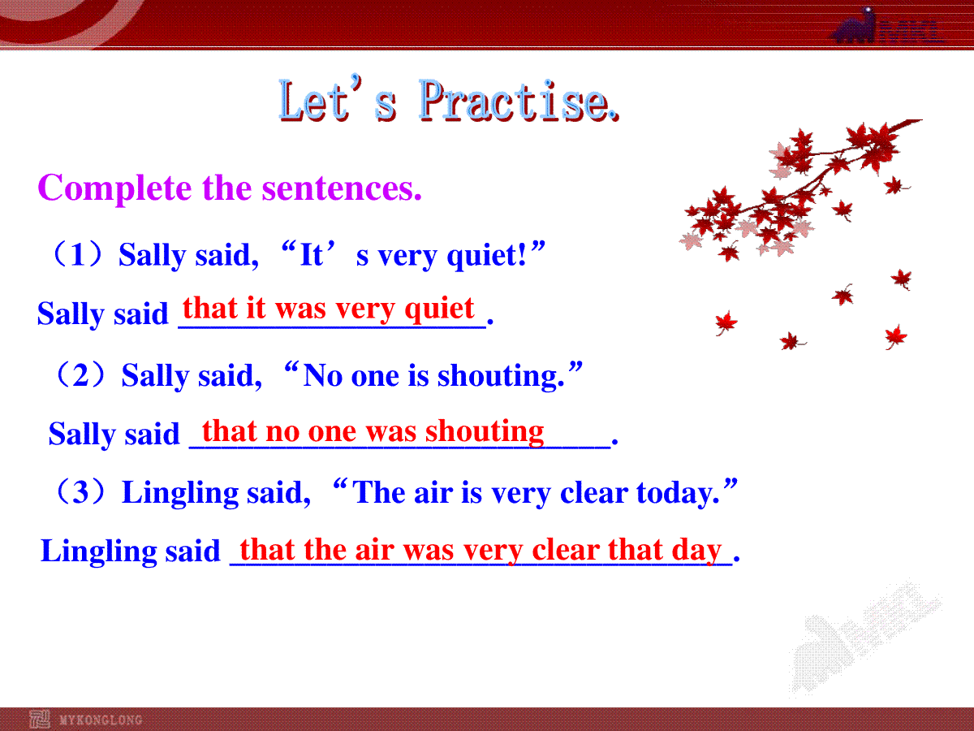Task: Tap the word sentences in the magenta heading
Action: [342, 188]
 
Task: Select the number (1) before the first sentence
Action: [78, 254]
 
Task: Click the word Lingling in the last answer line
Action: [98, 551]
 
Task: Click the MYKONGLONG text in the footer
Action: [101, 720]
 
